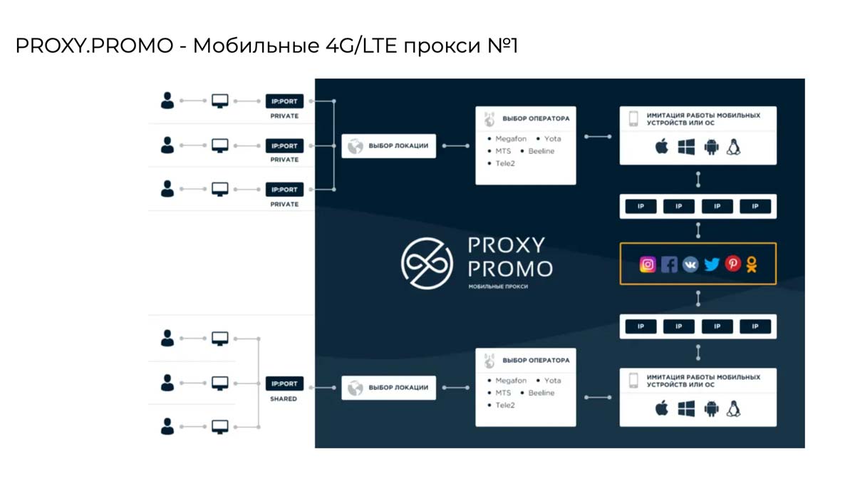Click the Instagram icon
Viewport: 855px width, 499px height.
coord(648,264)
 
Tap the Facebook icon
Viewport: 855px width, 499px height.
coord(669,264)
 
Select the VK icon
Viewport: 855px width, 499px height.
coord(690,264)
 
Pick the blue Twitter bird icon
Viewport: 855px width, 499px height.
coord(712,264)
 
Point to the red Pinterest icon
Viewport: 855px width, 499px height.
coord(732,264)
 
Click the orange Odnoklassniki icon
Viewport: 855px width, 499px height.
coord(752,264)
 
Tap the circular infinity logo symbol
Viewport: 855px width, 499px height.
coord(427,263)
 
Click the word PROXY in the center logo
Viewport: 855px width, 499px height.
coord(506,245)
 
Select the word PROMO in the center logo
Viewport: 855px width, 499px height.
coord(509,269)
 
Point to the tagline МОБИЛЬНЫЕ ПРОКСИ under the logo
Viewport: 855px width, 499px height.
coord(498,287)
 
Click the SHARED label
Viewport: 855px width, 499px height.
coord(284,399)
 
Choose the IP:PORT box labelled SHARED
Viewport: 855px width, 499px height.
coord(284,384)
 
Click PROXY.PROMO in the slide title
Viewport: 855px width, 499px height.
coord(94,47)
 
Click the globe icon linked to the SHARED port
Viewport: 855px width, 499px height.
coord(355,388)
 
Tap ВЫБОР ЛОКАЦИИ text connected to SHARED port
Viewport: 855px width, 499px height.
coord(398,388)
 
